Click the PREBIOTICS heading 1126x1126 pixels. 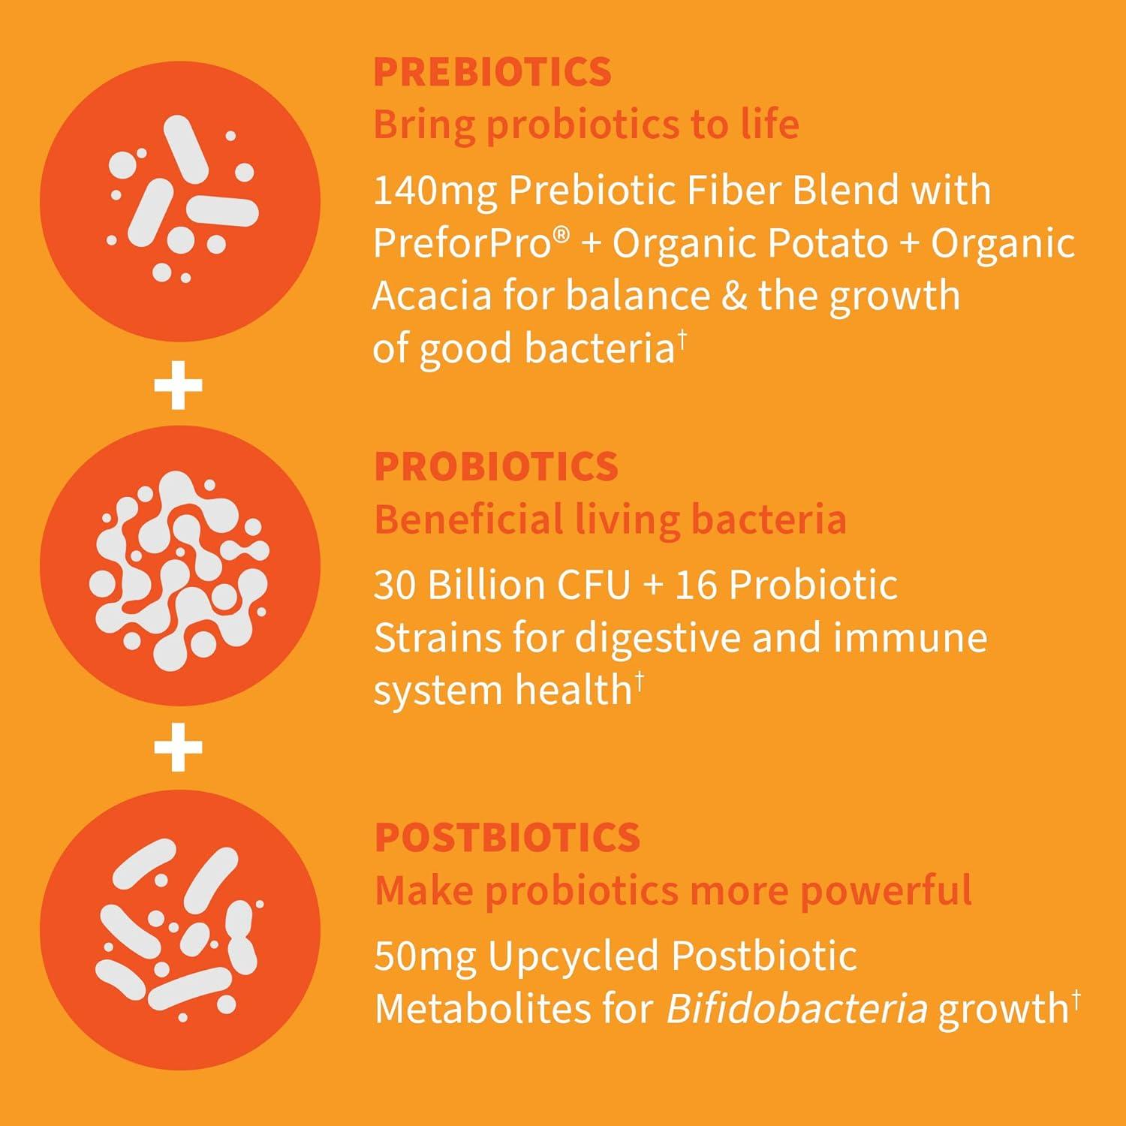click(492, 72)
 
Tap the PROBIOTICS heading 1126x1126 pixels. click(495, 467)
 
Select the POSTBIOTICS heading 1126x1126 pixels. click(507, 838)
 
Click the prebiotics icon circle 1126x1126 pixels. click(179, 200)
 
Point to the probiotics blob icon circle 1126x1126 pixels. click(179, 565)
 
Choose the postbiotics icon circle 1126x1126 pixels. click(179, 930)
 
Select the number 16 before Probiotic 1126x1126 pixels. click(697, 586)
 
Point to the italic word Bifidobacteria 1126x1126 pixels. click(796, 1009)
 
